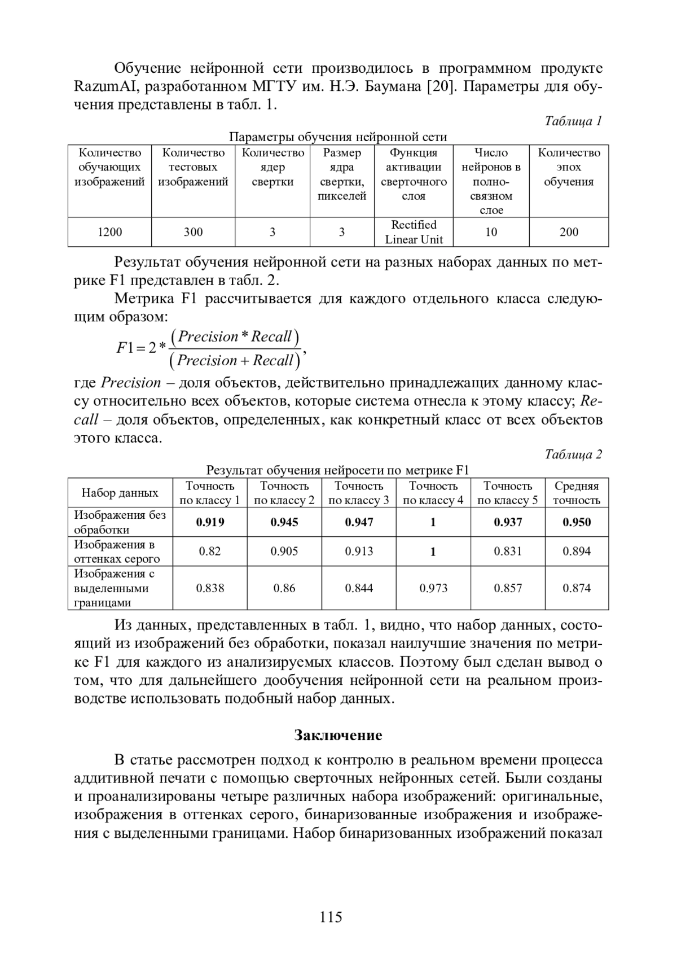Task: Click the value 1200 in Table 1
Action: [x=109, y=232]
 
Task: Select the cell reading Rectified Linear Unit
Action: [x=414, y=232]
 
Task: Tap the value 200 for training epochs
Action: [x=569, y=232]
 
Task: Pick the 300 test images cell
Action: [x=193, y=232]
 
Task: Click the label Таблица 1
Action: [x=573, y=121]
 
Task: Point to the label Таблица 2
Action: [x=573, y=454]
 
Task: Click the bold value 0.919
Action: [x=210, y=522]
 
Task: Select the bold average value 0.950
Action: [x=577, y=522]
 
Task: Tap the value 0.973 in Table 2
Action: [x=433, y=588]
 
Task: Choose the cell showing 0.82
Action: [x=210, y=552]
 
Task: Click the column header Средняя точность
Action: [x=577, y=493]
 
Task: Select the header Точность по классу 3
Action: [x=359, y=493]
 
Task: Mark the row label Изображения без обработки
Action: [x=120, y=522]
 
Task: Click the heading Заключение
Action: [x=338, y=735]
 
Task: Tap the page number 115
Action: [x=331, y=917]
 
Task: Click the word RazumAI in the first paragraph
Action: [x=103, y=87]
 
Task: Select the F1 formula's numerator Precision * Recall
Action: [x=235, y=337]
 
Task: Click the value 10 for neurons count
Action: [x=491, y=232]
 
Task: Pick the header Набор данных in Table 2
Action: [x=120, y=493]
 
